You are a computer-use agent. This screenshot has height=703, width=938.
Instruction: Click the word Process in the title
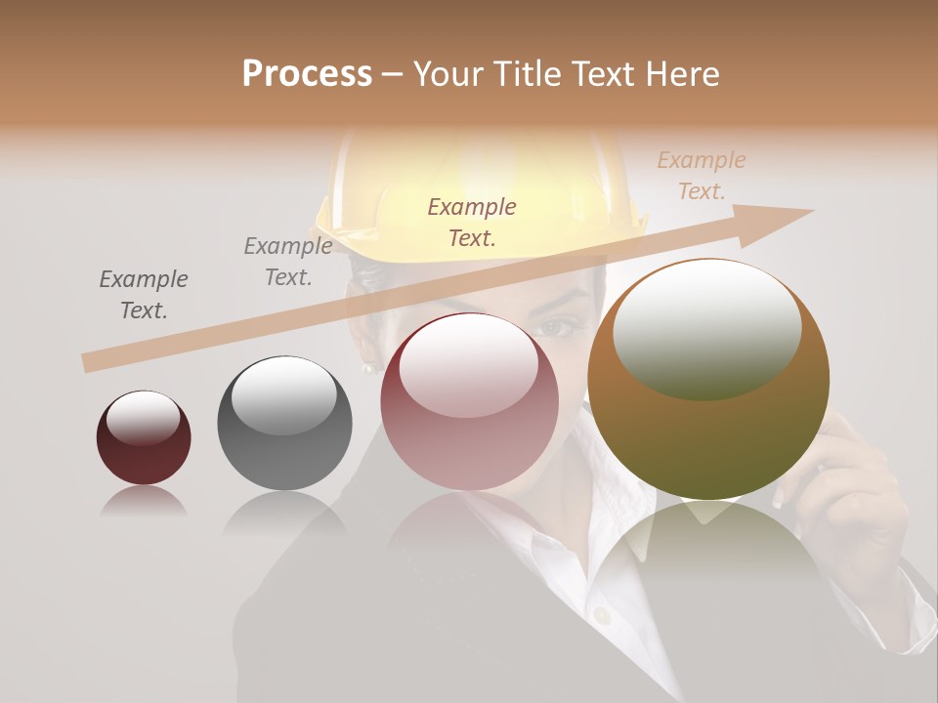click(x=307, y=74)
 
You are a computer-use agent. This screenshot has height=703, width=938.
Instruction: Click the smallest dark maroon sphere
click(x=144, y=437)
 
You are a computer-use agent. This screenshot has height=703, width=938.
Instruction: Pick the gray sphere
click(x=284, y=423)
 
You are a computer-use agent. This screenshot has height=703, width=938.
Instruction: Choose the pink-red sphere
click(x=469, y=401)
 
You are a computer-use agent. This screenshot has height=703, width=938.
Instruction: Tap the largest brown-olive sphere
click(x=708, y=379)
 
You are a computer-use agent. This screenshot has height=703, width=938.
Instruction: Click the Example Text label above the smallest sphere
click(x=144, y=294)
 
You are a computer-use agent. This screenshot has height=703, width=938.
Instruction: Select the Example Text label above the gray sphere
click(x=288, y=262)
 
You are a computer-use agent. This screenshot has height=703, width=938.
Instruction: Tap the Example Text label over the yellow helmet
click(x=472, y=222)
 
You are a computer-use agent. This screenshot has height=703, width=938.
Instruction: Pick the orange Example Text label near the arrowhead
click(x=702, y=175)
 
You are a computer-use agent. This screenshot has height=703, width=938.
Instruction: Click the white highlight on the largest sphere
click(x=706, y=327)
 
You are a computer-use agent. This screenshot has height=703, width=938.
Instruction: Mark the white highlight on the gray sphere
click(x=283, y=393)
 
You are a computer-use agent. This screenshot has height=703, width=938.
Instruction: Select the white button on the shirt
click(x=603, y=615)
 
